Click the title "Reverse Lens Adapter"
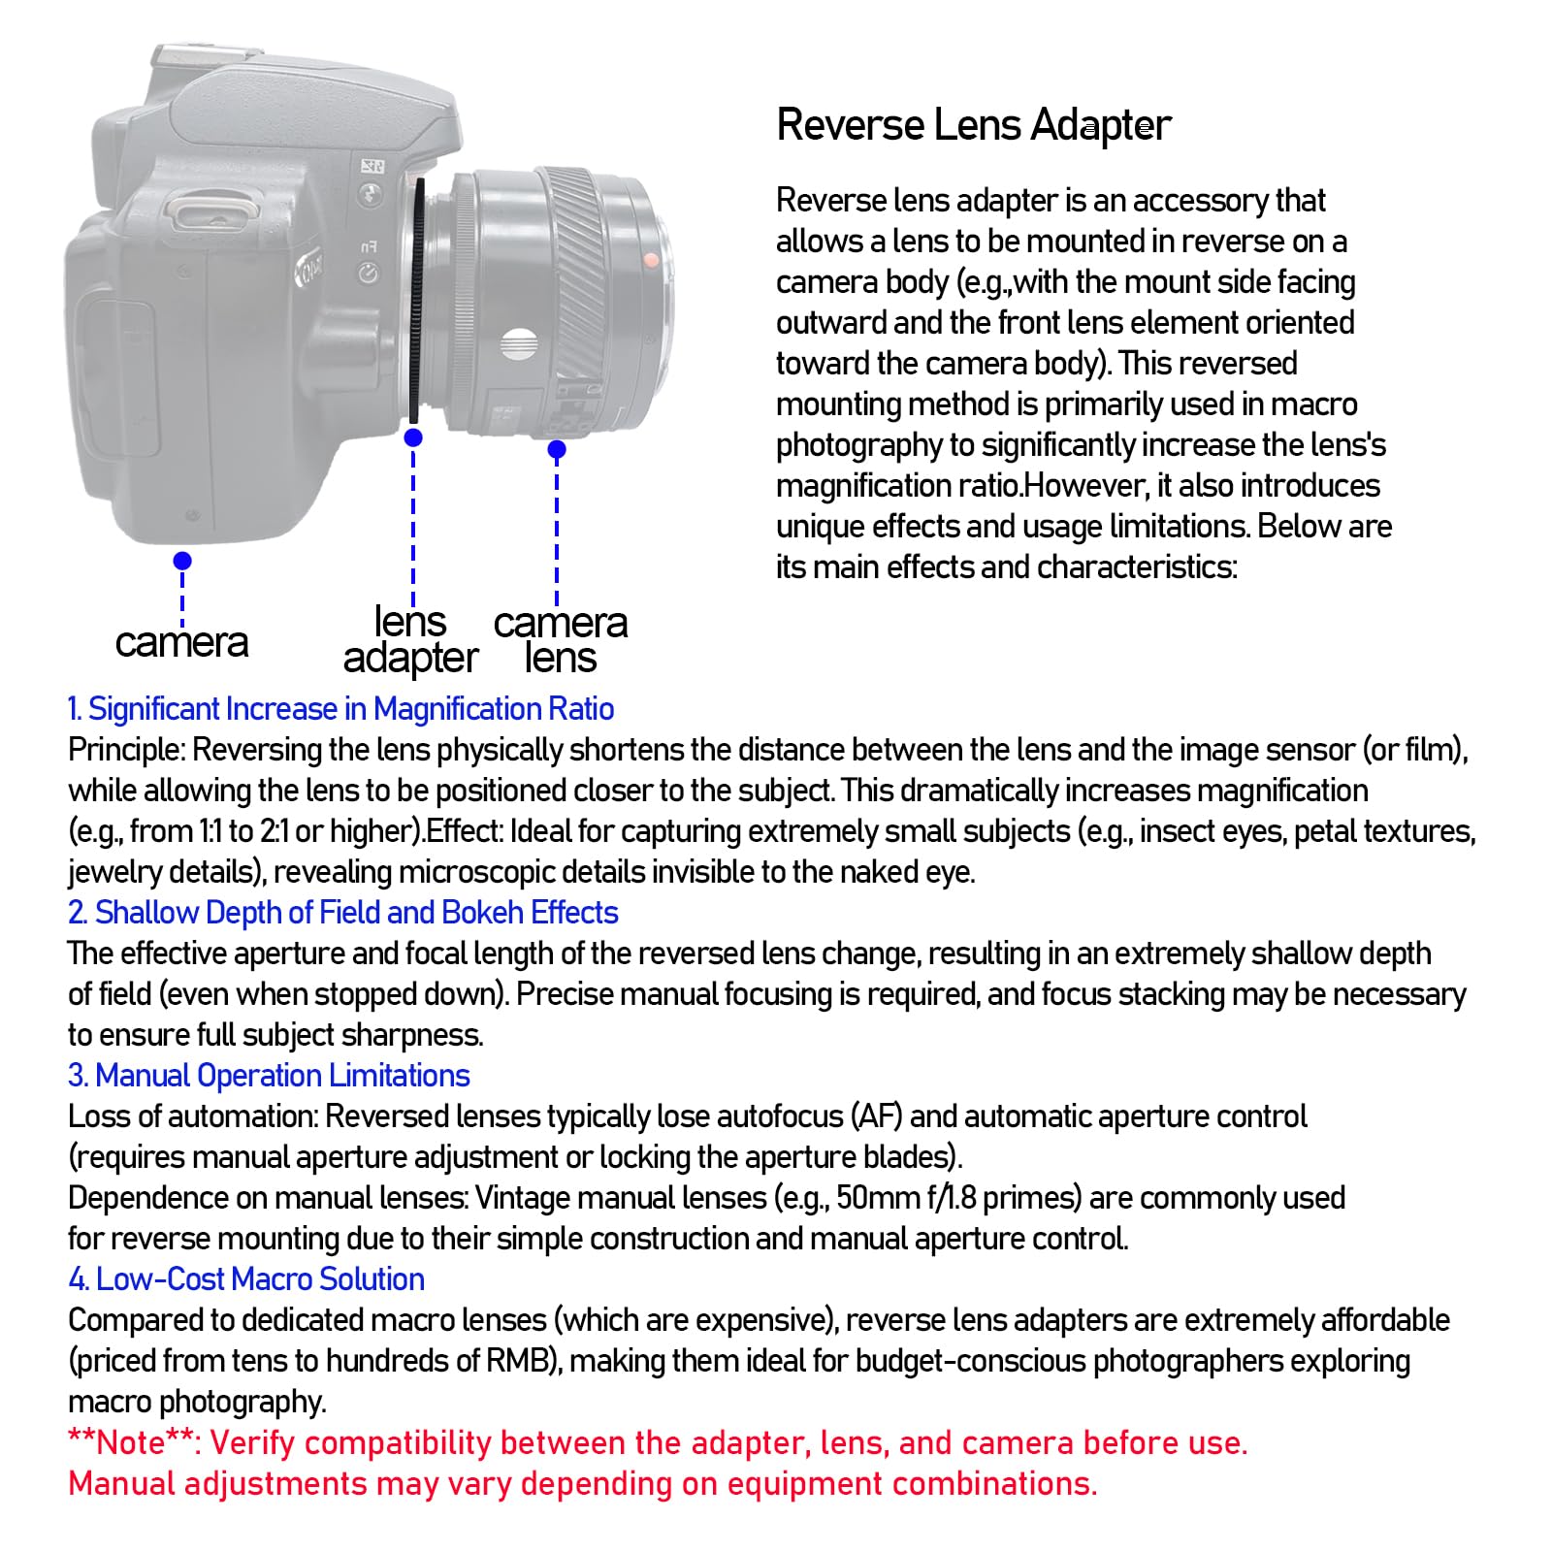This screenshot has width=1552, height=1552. pos(973,125)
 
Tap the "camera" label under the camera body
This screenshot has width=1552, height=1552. pos(181,642)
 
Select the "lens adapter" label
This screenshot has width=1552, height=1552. pos(410,639)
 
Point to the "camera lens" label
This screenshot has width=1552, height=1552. pos(561,639)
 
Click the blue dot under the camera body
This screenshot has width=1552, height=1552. pos(182,561)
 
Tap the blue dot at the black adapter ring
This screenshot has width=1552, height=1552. pos(413,437)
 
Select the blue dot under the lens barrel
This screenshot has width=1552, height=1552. pos(557,449)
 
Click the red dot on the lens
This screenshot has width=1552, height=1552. pos(652,260)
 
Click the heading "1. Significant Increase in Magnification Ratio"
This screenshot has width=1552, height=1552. pos(340,709)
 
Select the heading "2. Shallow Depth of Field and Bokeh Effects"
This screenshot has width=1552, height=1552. pos(342,913)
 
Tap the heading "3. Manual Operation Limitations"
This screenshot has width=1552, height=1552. pos(269,1076)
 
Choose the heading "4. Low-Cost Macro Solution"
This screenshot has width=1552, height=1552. pos(246,1279)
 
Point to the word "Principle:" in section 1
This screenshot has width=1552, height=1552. pos(126,750)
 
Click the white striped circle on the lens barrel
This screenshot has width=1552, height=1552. pos(520,343)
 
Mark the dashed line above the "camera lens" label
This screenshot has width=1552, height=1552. pos(557,533)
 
